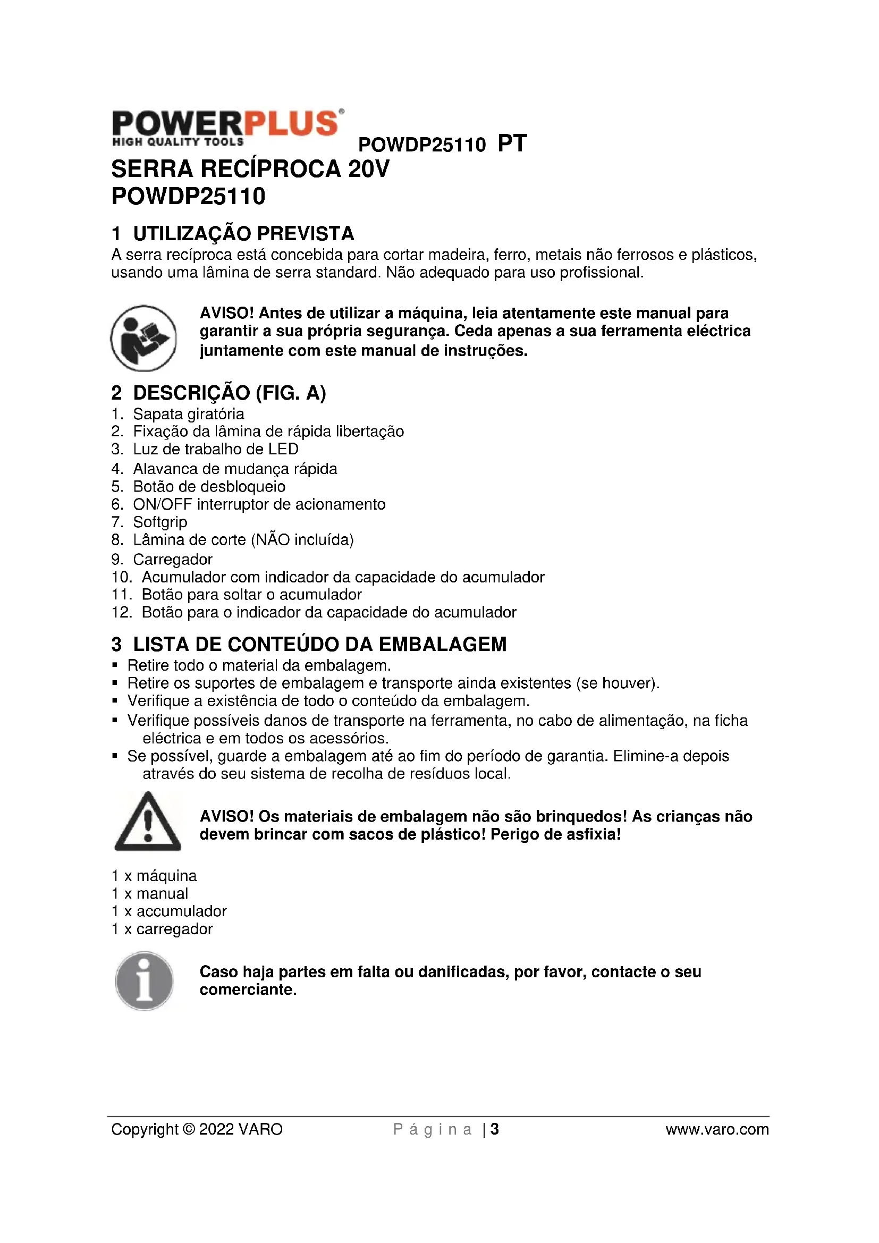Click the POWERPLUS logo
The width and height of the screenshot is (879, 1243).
tap(227, 127)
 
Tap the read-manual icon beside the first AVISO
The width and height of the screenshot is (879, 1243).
tap(143, 339)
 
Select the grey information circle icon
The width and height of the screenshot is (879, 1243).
tap(144, 980)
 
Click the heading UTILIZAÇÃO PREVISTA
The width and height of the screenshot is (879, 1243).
tap(243, 234)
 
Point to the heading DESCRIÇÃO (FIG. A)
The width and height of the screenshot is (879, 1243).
tap(229, 393)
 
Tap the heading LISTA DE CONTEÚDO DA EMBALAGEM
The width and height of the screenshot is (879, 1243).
tap(319, 644)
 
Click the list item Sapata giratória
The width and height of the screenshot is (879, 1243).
tap(188, 414)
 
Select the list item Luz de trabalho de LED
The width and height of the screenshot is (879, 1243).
tap(215, 450)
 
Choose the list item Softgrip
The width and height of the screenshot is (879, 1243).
tap(160, 522)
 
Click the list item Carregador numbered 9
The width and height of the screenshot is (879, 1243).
tap(173, 559)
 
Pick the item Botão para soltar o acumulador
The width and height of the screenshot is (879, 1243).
tap(251, 595)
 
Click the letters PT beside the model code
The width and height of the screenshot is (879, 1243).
tap(511, 143)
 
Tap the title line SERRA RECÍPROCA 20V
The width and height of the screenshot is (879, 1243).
tap(250, 169)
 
